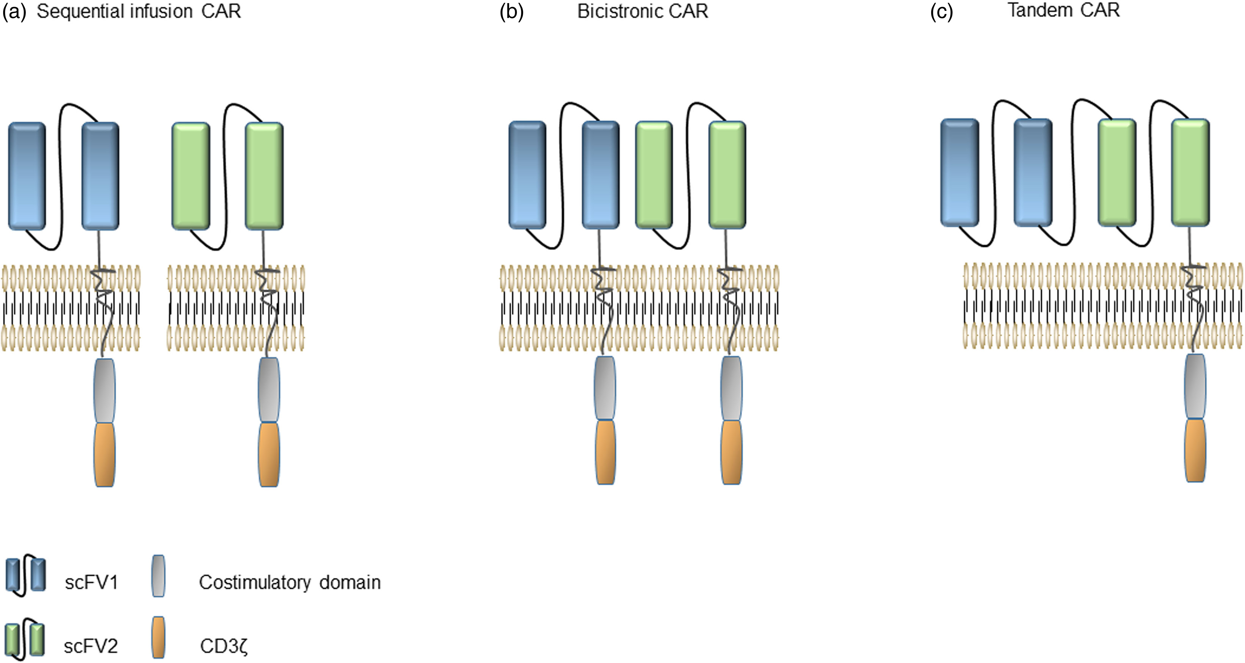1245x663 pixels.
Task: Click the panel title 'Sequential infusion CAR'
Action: coord(139,11)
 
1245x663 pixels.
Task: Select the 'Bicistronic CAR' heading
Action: coord(642,11)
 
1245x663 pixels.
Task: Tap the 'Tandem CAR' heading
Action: coord(1063,10)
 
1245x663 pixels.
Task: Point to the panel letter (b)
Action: coord(511,11)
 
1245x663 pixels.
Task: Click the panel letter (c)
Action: coord(941,11)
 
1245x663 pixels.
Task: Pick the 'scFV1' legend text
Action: coord(91,582)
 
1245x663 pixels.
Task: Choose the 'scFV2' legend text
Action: coord(91,646)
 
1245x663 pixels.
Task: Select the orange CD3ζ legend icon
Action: coord(158,637)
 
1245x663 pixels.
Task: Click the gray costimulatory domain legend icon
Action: coord(158,575)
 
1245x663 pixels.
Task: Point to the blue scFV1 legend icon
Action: coord(26,575)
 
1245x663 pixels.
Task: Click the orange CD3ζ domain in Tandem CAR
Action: coord(1195,450)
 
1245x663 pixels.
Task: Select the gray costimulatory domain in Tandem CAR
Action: coord(1195,386)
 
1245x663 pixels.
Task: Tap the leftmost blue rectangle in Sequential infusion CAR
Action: coord(27,176)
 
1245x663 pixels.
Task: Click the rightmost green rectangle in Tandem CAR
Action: coord(1190,173)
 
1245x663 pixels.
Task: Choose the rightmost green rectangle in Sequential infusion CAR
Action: coord(264,176)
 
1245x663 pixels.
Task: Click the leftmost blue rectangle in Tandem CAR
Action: coord(960,173)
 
